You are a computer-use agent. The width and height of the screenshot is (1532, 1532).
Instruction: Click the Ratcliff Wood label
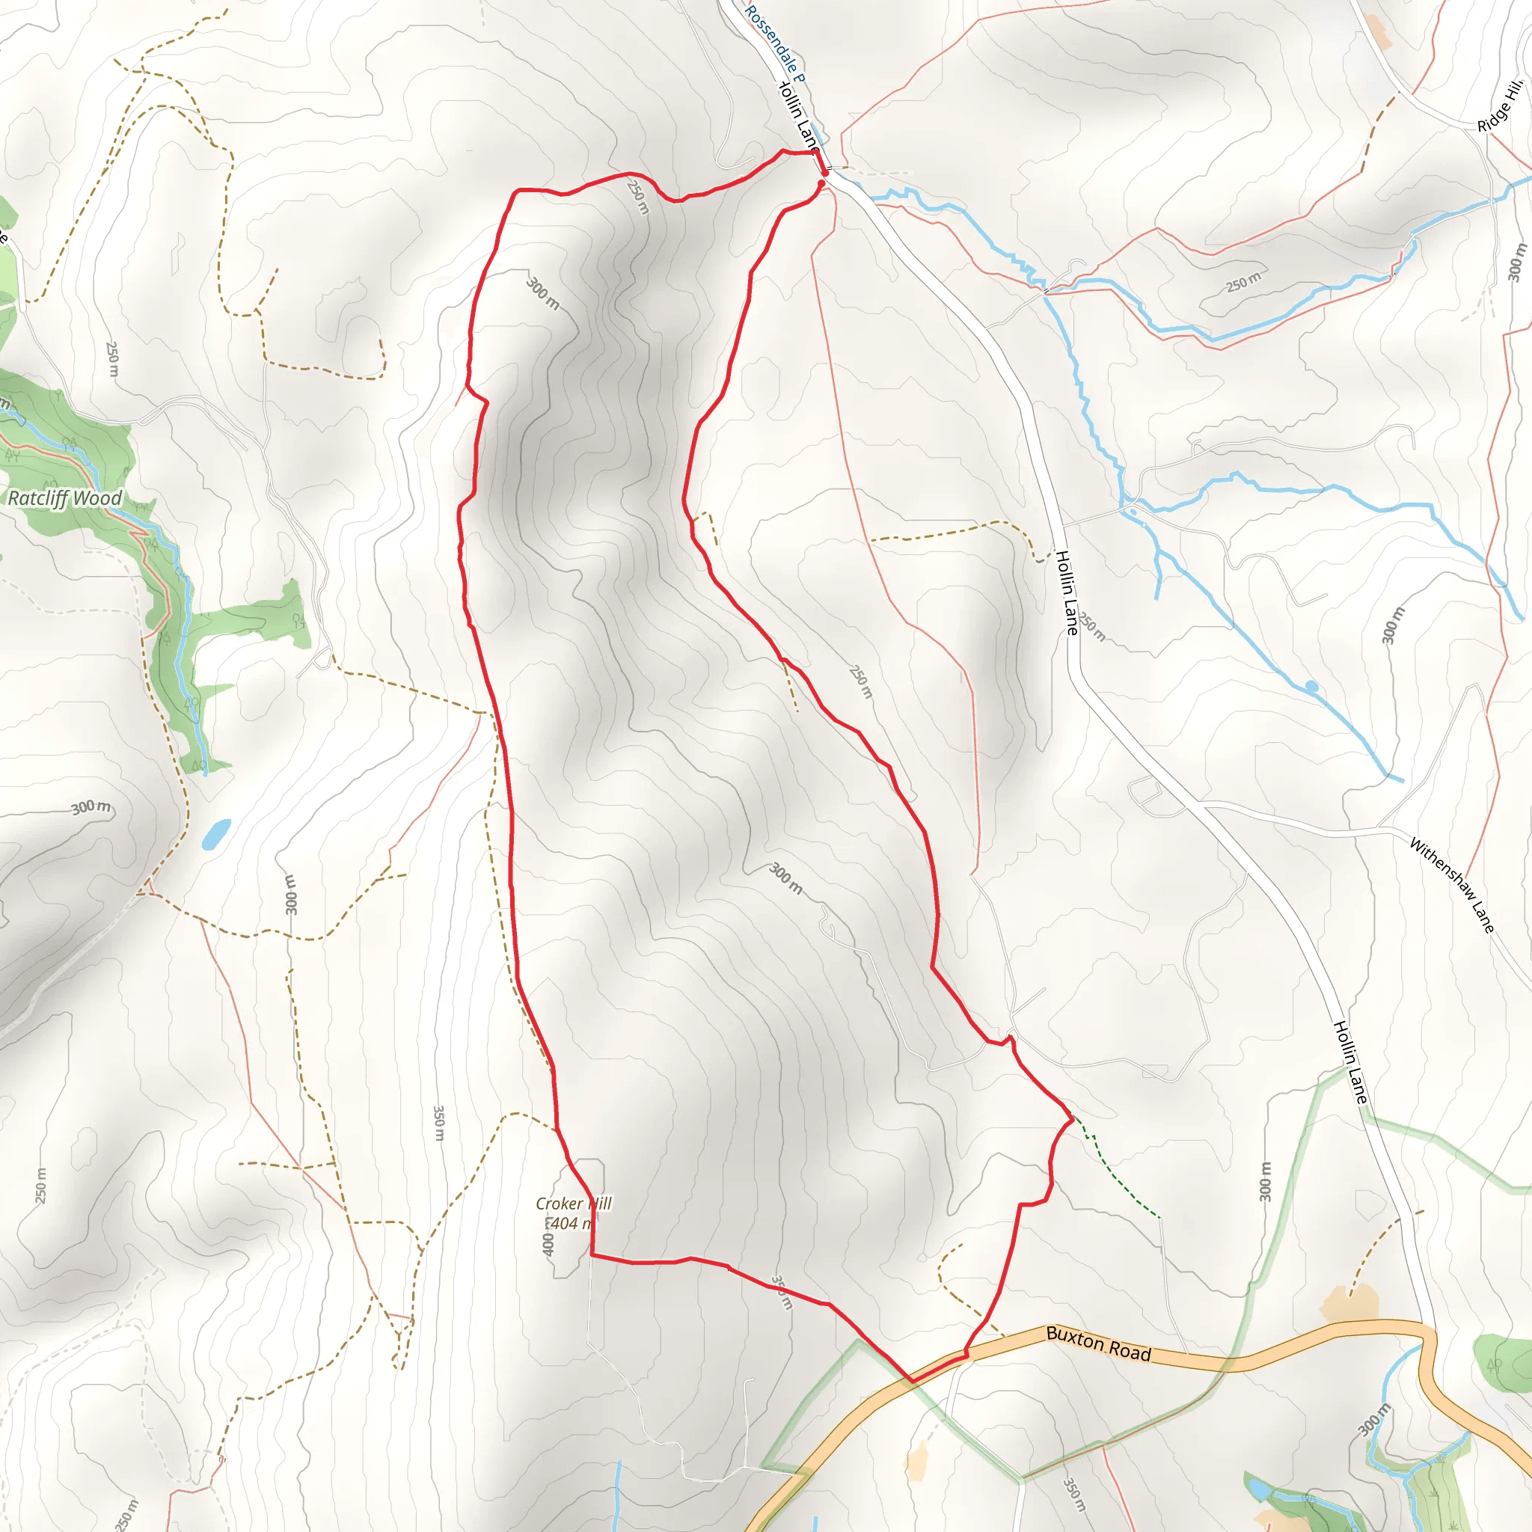pos(65,498)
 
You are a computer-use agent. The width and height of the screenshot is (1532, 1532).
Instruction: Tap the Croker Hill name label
pos(573,1204)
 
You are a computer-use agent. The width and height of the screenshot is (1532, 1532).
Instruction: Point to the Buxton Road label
pos(1098,1344)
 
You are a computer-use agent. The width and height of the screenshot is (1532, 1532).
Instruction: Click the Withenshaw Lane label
pos(1451,884)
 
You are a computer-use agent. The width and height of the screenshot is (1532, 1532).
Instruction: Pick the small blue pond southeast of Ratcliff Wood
pos(215,833)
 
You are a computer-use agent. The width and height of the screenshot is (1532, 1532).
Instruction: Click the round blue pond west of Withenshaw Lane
pos(1311,685)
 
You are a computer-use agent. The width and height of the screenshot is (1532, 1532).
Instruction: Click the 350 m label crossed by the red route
pos(782,1293)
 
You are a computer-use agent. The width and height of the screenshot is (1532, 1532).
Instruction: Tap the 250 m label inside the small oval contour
pos(1243,281)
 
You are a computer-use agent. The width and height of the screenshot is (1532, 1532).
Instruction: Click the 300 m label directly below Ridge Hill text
pos(1516,263)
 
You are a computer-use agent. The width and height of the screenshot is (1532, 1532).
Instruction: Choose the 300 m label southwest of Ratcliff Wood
pos(91,807)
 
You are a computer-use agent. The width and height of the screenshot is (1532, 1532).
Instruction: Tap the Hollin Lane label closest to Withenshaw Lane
pos(1349,1062)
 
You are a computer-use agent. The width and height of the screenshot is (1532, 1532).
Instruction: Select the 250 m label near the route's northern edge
pos(637,197)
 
